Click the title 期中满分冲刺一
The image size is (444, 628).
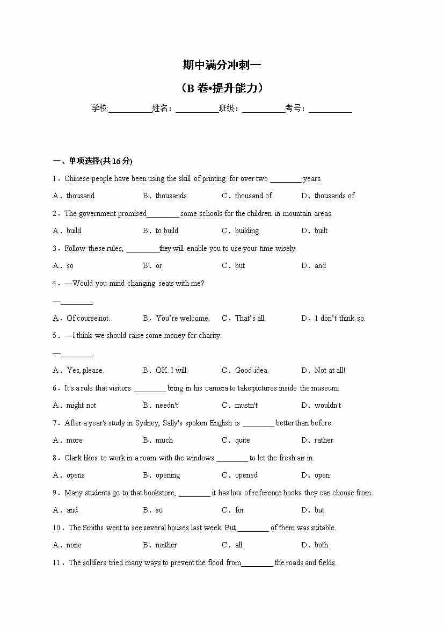(x=222, y=66)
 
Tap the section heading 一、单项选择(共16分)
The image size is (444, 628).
(x=92, y=161)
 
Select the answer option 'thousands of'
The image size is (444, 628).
(x=334, y=196)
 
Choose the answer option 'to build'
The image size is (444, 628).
(x=167, y=230)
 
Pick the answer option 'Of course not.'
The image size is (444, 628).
(x=88, y=318)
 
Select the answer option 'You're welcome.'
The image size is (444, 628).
(x=183, y=318)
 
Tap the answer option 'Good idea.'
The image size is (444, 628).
(x=252, y=370)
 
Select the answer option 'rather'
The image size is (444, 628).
(x=324, y=440)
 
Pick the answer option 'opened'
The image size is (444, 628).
(x=246, y=475)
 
